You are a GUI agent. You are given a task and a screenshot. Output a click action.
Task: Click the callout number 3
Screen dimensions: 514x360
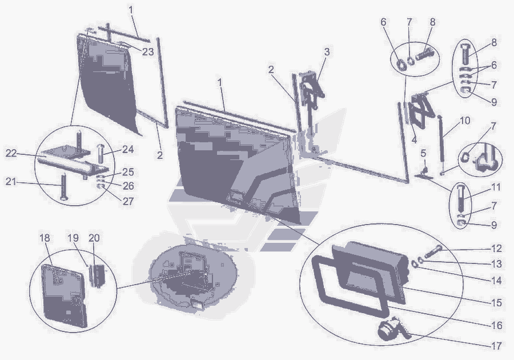point(327,52)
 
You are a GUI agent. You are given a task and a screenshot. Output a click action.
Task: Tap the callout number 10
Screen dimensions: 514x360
point(465,121)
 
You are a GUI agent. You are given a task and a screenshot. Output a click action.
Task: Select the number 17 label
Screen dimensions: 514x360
point(496,346)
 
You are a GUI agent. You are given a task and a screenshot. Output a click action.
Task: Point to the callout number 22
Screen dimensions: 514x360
point(11,153)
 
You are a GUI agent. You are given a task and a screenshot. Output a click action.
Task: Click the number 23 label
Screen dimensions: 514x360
point(148,52)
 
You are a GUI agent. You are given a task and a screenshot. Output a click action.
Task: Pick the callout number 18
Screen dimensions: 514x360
point(45,238)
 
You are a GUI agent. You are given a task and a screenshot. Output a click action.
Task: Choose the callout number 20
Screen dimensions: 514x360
point(94,238)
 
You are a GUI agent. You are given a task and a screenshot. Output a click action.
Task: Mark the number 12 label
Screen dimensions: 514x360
point(496,249)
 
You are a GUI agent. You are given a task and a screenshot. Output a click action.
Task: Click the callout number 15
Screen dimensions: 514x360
point(496,303)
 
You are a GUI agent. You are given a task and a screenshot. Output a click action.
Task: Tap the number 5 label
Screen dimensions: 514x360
point(423,153)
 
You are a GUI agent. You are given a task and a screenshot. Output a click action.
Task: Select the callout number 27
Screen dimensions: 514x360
point(128,201)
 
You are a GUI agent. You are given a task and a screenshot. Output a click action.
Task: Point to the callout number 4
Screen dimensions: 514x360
point(414,140)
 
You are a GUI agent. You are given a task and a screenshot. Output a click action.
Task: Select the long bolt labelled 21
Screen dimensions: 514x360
point(63,187)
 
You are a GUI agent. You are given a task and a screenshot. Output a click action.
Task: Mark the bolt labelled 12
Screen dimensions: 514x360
point(433,251)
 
